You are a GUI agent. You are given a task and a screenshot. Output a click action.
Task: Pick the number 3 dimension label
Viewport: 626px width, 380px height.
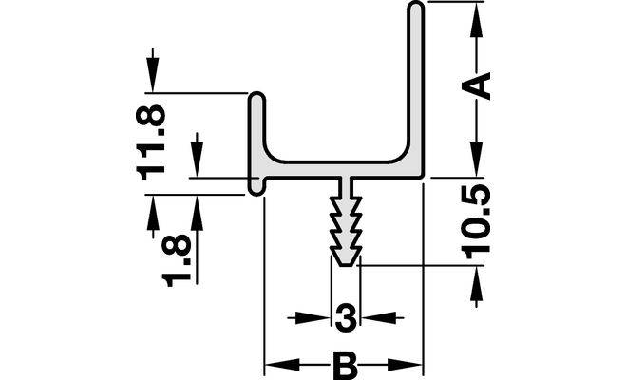347,316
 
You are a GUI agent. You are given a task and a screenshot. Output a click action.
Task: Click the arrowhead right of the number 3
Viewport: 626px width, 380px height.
372,317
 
